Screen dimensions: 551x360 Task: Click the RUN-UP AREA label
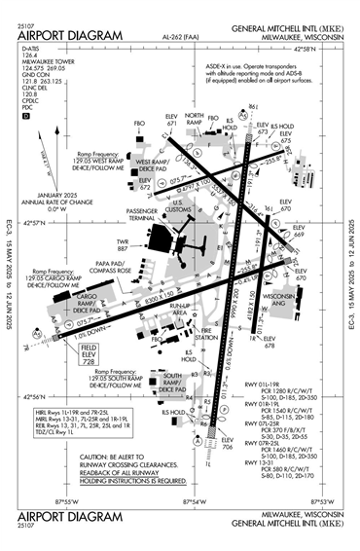(x=179, y=310)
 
